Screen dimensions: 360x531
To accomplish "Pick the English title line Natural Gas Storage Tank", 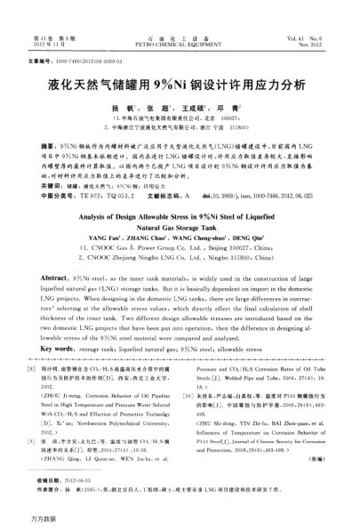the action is click(180, 228).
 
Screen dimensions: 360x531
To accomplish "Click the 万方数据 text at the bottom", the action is click(24, 519).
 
